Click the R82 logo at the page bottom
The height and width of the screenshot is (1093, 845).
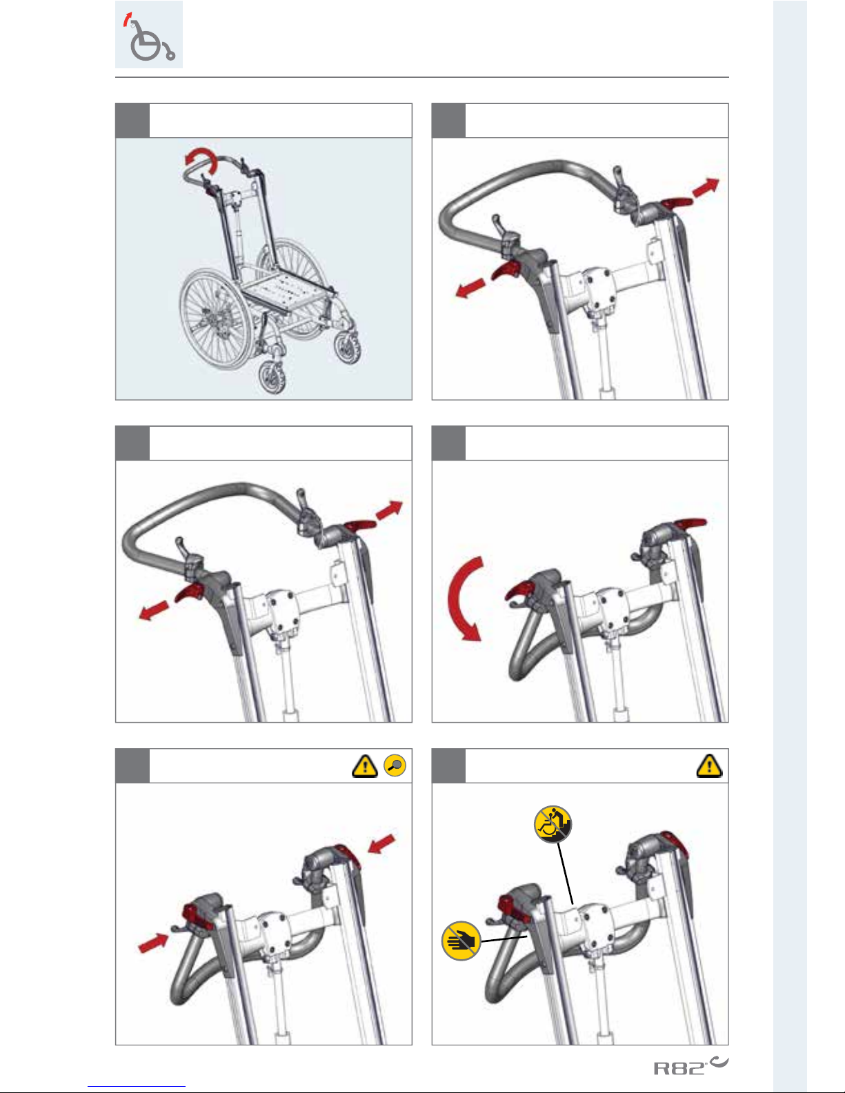click(690, 1065)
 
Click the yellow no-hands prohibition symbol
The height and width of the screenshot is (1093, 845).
click(461, 941)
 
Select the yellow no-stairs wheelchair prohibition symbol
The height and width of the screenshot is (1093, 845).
click(553, 824)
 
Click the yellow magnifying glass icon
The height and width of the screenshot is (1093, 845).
click(395, 765)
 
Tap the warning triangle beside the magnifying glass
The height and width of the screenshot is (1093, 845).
click(365, 766)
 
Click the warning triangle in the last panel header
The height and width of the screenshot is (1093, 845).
click(709, 765)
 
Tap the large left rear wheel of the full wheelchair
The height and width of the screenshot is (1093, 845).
click(215, 319)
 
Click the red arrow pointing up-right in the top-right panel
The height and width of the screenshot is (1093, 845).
click(706, 187)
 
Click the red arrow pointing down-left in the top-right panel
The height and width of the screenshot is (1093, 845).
click(470, 288)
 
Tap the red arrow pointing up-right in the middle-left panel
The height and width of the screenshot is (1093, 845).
click(389, 510)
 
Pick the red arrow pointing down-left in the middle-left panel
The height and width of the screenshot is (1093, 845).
click(154, 610)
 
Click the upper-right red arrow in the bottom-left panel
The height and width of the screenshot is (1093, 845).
click(381, 843)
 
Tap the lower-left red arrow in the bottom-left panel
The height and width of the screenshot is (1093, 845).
click(153, 943)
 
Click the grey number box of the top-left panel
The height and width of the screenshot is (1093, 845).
click(132, 121)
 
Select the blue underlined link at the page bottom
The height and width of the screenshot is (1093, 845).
click(137, 1087)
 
